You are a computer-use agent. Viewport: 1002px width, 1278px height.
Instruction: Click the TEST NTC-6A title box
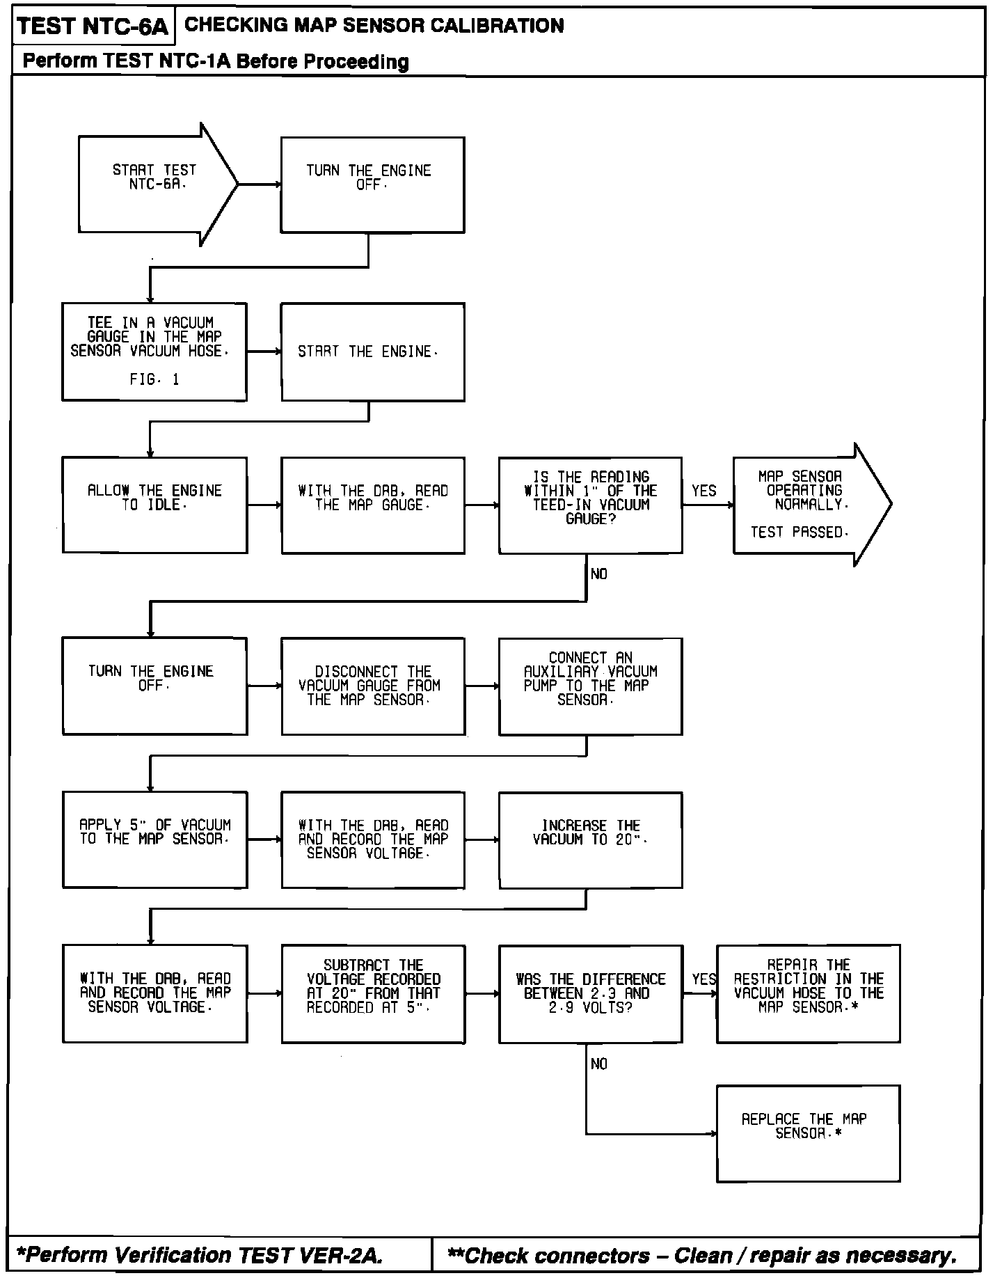tap(93, 26)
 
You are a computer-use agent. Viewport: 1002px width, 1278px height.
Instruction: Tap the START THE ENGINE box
tap(372, 352)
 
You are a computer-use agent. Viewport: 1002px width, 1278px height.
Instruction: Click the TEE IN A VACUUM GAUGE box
tap(154, 352)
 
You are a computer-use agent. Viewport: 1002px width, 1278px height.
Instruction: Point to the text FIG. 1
tap(154, 380)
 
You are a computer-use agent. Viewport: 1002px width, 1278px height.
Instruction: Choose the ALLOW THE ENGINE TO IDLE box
tap(154, 505)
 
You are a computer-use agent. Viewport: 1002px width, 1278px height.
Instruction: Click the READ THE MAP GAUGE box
tap(372, 505)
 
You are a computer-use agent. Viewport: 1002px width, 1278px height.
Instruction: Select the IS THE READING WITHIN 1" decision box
tap(590, 505)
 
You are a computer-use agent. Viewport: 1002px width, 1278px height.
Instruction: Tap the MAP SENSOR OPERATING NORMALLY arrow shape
tap(804, 505)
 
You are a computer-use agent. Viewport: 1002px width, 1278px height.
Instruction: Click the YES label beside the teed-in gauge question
tap(703, 491)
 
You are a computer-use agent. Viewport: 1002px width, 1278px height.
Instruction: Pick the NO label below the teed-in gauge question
tap(598, 574)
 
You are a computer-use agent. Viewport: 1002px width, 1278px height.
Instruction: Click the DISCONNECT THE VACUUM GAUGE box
tap(372, 686)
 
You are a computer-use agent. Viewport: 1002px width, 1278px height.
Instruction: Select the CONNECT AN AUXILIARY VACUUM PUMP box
tap(590, 686)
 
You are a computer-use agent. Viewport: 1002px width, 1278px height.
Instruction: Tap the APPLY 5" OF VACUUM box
tap(154, 839)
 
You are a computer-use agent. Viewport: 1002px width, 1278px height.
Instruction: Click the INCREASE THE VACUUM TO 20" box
tap(590, 839)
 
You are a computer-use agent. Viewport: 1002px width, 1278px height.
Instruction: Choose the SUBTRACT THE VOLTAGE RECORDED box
tap(372, 993)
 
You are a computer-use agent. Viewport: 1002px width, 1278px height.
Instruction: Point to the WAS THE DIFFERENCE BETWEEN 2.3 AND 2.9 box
tap(590, 993)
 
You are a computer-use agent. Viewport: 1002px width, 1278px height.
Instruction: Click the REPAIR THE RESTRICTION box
tap(808, 993)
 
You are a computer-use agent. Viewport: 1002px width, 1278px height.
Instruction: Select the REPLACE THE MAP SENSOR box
tap(808, 1133)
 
